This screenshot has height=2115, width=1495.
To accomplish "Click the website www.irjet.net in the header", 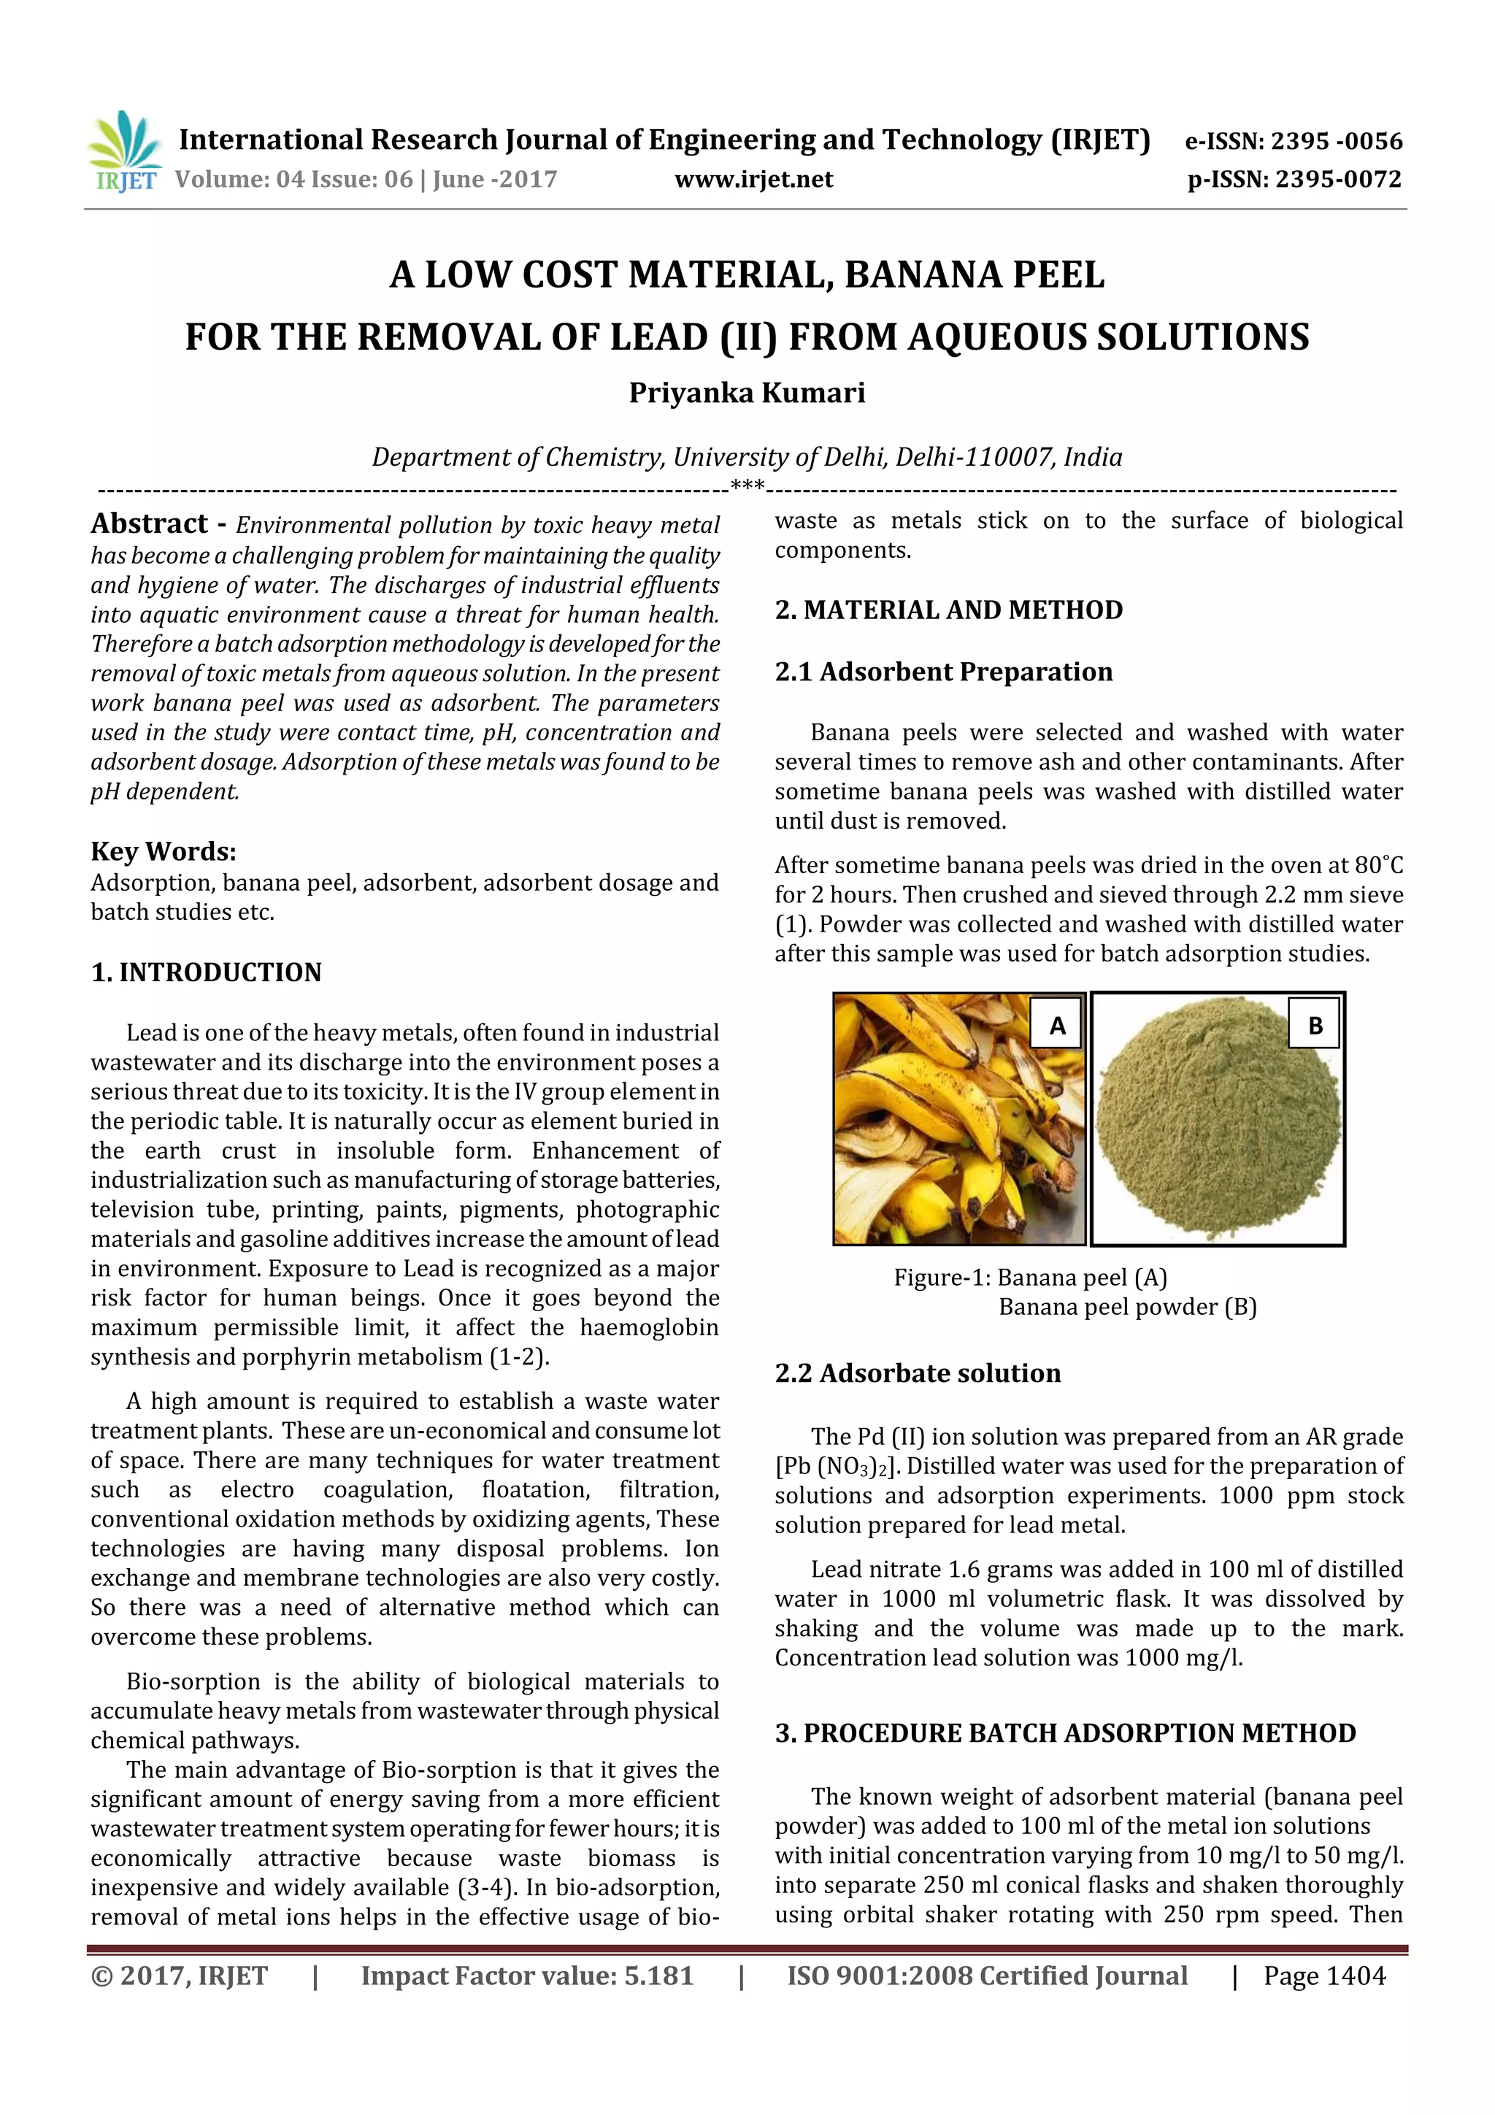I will pyautogui.click(x=753, y=180).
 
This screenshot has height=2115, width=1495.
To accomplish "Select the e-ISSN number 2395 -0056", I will pyautogui.click(x=1336, y=141).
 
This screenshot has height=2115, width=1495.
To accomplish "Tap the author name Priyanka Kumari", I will pyautogui.click(x=747, y=394).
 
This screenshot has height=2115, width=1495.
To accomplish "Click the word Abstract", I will pyautogui.click(x=149, y=524).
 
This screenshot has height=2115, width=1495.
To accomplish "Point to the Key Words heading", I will pyautogui.click(x=163, y=851).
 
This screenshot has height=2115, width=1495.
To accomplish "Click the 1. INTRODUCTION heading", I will pyautogui.click(x=207, y=972).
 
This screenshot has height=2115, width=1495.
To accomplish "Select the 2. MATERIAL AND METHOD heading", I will pyautogui.click(x=949, y=610).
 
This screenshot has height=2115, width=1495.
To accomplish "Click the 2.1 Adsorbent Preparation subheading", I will pyautogui.click(x=943, y=672).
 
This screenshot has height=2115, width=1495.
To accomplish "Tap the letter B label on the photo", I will pyautogui.click(x=1315, y=1025).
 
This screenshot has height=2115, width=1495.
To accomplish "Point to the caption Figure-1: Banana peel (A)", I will pyautogui.click(x=1030, y=1278).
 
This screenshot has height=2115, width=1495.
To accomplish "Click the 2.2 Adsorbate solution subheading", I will pyautogui.click(x=918, y=1373).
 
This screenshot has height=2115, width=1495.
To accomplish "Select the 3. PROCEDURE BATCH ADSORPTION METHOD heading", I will pyautogui.click(x=1065, y=1734).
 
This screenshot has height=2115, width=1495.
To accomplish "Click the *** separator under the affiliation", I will pyautogui.click(x=747, y=486).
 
